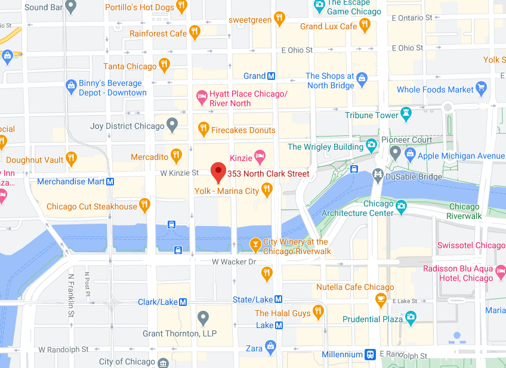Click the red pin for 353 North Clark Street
[x=218, y=172]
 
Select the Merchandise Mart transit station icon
[x=110, y=181]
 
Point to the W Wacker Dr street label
[x=233, y=262]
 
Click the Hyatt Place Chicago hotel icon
[x=202, y=96]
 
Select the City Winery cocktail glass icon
[x=255, y=244]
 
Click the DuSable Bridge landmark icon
[x=377, y=174]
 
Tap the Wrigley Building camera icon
[x=372, y=144]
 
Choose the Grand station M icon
[x=271, y=76]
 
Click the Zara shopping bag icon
[x=271, y=346]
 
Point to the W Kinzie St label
[x=180, y=173]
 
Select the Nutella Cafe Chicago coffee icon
[x=381, y=301]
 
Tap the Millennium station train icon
[x=371, y=354]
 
